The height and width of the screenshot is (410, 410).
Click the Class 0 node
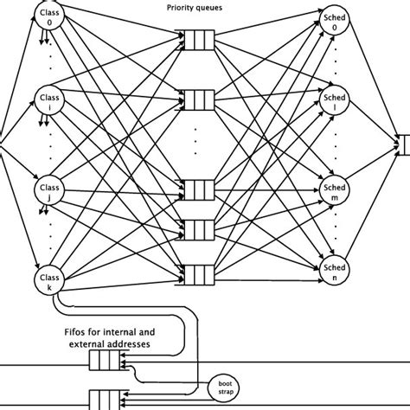(x=48, y=15)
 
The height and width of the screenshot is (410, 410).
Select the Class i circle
(x=48, y=101)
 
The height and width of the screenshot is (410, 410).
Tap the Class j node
(x=48, y=191)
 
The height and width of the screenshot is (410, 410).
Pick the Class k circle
(x=48, y=279)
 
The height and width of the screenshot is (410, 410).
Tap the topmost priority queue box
(x=198, y=37)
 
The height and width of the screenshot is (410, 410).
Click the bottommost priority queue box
(x=198, y=276)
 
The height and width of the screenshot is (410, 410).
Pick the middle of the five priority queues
(x=198, y=189)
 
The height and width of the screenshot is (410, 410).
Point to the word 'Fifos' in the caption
(x=80, y=330)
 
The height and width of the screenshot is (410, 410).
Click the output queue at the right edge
(x=403, y=143)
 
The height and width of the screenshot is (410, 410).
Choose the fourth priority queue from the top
(x=198, y=229)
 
